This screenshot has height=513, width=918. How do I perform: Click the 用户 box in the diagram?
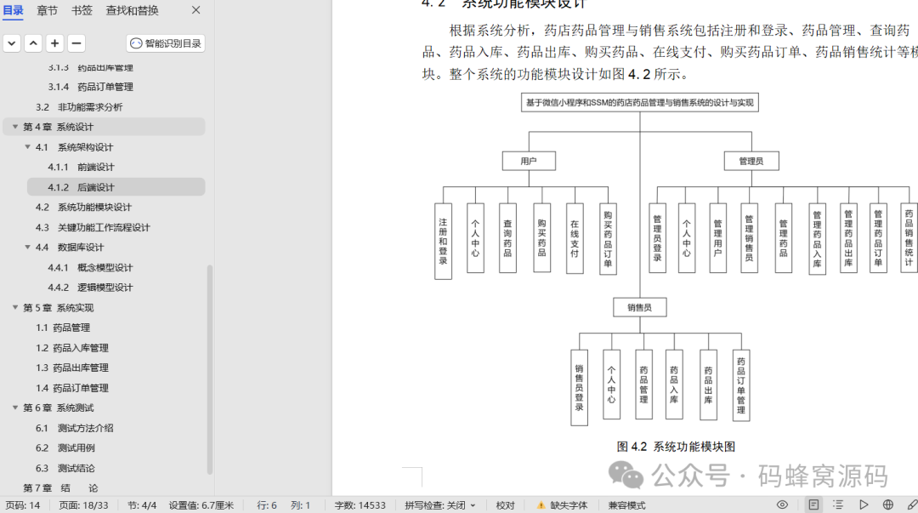(x=528, y=161)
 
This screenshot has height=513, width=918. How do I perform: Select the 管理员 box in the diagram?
(x=751, y=161)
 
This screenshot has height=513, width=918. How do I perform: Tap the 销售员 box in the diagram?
(x=639, y=307)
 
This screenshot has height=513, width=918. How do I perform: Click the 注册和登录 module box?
(x=443, y=241)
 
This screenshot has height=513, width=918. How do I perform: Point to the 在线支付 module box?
(x=575, y=238)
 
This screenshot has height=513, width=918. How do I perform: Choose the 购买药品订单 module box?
(x=608, y=238)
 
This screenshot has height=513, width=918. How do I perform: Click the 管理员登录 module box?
(x=657, y=238)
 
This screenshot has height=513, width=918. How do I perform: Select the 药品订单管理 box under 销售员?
(x=740, y=385)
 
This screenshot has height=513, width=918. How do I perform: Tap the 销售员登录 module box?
(x=579, y=387)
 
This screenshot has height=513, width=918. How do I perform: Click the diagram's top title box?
(x=639, y=103)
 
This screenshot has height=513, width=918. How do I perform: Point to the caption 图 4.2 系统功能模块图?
(x=675, y=447)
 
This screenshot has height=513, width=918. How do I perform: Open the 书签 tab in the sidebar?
(x=82, y=11)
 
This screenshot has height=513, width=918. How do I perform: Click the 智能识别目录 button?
(x=166, y=43)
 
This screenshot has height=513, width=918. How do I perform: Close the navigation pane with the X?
(x=196, y=10)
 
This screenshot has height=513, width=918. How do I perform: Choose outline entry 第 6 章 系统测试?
(x=58, y=408)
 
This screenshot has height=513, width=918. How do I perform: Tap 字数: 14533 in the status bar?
(x=360, y=505)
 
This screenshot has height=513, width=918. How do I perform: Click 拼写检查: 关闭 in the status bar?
(x=439, y=505)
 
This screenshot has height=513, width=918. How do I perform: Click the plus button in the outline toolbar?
(x=54, y=43)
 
